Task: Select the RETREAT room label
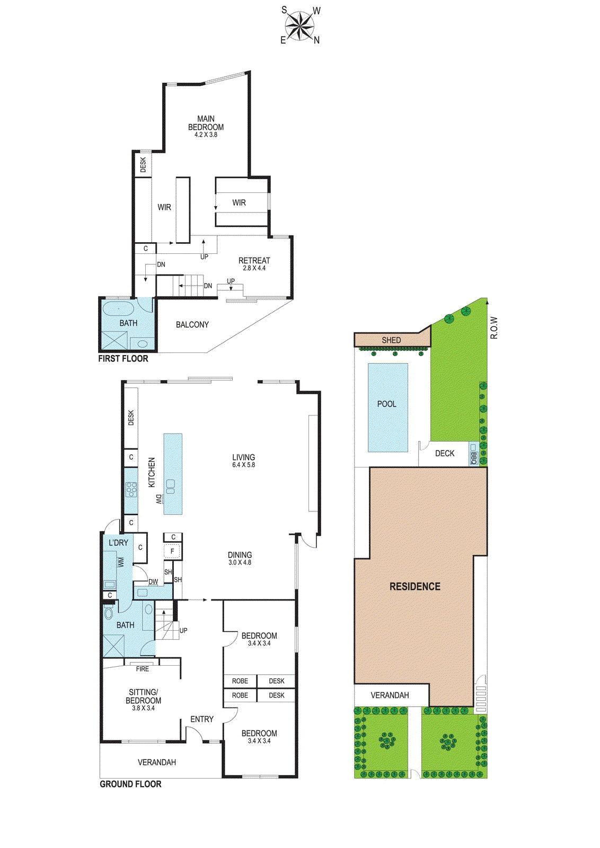point(254,260)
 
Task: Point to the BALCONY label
point(192,324)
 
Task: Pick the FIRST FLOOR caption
point(123,358)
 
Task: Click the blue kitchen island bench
point(173,474)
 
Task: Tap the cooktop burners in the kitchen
point(131,489)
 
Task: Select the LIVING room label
point(243,457)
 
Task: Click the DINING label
point(240,555)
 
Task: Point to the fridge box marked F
point(173,551)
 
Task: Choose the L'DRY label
point(118,543)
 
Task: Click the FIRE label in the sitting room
point(143,669)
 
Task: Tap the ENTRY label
point(202,719)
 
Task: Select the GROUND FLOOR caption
point(130,784)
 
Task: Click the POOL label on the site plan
point(386,403)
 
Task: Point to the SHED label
point(391,340)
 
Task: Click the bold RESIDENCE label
point(415,586)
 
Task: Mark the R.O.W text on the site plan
point(493,327)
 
